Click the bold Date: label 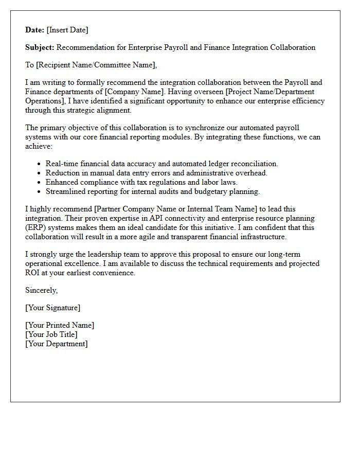tap(35, 30)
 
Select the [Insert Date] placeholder tap(67, 30)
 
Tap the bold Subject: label tap(40, 47)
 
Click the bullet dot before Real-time tap(40, 164)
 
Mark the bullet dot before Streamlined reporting tap(40, 192)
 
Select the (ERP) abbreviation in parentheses tap(38, 227)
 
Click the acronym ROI tap(33, 273)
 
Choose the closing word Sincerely tap(41, 290)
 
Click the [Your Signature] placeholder tap(52, 308)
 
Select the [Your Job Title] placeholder tap(51, 334)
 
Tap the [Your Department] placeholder tap(56, 344)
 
